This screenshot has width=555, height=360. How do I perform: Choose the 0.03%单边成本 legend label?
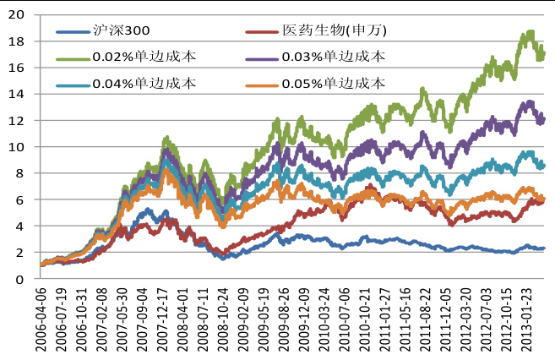[337, 57]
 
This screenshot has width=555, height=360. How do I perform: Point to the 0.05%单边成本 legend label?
[337, 83]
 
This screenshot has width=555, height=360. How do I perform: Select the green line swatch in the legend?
[76, 57]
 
